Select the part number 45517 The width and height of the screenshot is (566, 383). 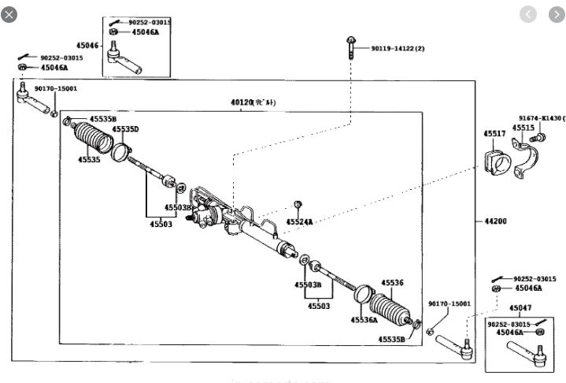pyautogui.click(x=494, y=134)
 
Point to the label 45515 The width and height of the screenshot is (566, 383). pyautogui.click(x=523, y=128)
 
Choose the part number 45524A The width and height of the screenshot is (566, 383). pyautogui.click(x=300, y=223)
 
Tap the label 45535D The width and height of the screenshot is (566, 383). pyautogui.click(x=125, y=128)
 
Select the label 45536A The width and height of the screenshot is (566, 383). pyautogui.click(x=364, y=321)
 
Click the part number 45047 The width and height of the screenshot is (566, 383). pyautogui.click(x=520, y=308)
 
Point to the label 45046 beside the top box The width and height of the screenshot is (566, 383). pyautogui.click(x=87, y=46)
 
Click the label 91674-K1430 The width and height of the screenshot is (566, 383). pyautogui.click(x=541, y=117)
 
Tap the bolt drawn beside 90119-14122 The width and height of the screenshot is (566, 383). pyautogui.click(x=350, y=48)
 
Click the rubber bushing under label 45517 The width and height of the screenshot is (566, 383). pyautogui.click(x=495, y=163)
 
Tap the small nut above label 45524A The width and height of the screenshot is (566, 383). pyautogui.click(x=298, y=205)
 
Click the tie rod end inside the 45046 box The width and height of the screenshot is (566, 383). pyautogui.click(x=125, y=58)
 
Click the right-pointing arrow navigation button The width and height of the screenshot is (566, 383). pyautogui.click(x=552, y=13)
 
